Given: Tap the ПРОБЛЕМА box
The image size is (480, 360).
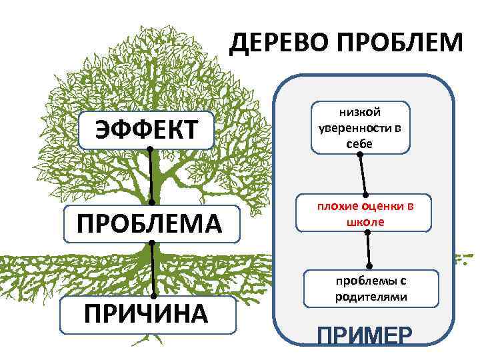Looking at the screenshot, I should [x=149, y=222].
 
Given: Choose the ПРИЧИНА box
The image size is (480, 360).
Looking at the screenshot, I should [x=149, y=314].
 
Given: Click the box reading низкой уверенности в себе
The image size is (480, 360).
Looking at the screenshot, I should [x=359, y=128].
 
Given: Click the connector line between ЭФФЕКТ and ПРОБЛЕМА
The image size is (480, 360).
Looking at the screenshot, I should [x=151, y=175].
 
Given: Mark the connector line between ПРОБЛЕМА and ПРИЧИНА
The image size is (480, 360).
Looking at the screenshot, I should [x=153, y=269].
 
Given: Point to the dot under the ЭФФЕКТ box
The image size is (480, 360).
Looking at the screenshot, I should [x=150, y=149].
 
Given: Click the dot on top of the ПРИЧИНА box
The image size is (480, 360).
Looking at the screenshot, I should [x=154, y=296].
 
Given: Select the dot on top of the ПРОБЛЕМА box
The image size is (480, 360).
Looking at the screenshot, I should [x=152, y=202].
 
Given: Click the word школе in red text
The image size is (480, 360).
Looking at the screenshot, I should [x=365, y=221].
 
